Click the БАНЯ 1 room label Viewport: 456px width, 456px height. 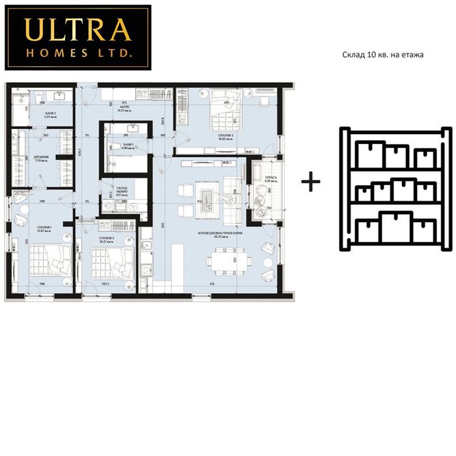pos(128,145)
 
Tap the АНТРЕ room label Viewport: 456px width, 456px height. pos(124,107)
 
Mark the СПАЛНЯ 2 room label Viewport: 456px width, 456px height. pos(107,238)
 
